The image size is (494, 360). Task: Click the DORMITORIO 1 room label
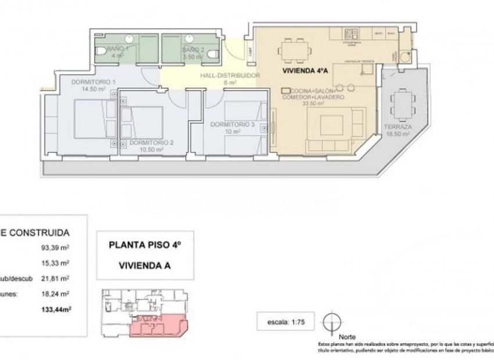(x=94, y=82)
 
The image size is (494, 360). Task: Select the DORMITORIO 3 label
(x=232, y=124)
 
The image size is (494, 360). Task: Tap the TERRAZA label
(x=398, y=127)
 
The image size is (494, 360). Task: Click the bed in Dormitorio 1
(x=95, y=118)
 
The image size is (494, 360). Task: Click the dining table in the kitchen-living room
(x=292, y=49)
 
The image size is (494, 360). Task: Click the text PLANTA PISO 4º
(x=145, y=245)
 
